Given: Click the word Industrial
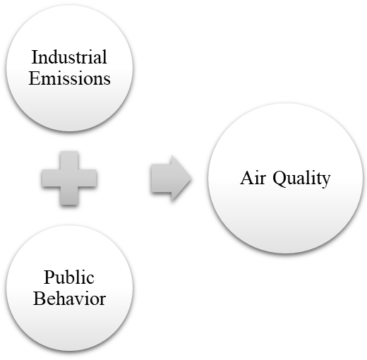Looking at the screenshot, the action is click(69, 56).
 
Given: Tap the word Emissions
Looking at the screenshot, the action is click(69, 78).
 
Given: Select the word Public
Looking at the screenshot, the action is click(69, 277).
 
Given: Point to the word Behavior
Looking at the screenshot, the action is click(69, 299).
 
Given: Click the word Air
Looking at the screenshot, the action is click(253, 178).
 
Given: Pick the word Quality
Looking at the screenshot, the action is click(301, 179).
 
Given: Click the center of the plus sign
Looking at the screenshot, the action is click(69, 178).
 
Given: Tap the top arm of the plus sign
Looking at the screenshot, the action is click(69, 160).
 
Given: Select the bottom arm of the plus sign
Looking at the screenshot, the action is click(69, 196).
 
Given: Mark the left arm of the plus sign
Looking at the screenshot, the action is click(51, 178).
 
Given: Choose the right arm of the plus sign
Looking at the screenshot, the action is click(88, 178).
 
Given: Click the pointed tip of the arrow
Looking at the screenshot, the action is click(191, 178).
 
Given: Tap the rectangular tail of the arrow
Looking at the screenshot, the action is click(162, 178).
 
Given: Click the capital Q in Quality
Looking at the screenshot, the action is click(280, 179).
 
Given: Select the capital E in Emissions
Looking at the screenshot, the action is click(35, 78).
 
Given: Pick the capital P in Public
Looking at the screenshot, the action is click(49, 277).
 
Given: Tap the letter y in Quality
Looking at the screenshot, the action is click(326, 181).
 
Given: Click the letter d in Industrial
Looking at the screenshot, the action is click(54, 57).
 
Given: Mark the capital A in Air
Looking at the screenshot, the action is click(247, 178).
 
